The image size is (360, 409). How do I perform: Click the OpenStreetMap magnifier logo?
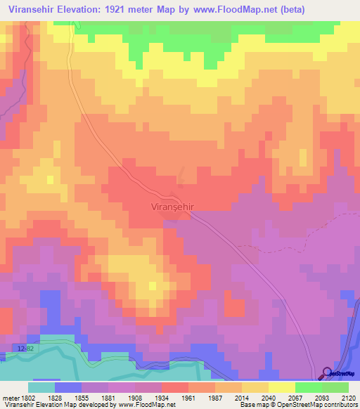(328, 373)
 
